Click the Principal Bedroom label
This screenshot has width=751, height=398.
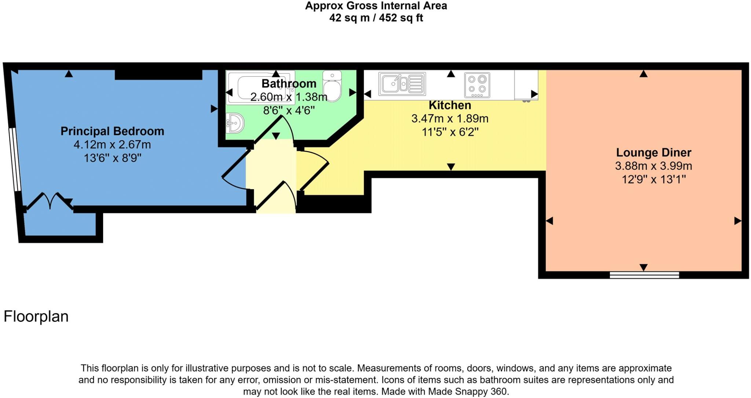tap(112, 131)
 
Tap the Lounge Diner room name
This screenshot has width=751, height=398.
tap(653, 152)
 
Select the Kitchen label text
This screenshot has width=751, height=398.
tap(450, 106)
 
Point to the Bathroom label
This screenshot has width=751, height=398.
tap(289, 84)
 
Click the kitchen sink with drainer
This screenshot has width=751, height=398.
tap(402, 84)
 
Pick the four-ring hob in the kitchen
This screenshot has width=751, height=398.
tap(477, 85)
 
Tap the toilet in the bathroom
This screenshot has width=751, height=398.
tap(332, 86)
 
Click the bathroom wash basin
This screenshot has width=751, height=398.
tap(235, 123)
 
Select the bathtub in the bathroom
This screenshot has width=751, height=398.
tap(260, 88)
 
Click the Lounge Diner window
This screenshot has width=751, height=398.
tap(644, 275)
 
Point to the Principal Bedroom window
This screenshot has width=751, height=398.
tap(15, 159)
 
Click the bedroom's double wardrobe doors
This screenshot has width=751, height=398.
tap(50, 201)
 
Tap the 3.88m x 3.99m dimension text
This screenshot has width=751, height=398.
tap(653, 166)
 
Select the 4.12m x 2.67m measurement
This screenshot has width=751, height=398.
tap(112, 145)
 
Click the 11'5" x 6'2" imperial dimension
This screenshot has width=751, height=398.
tap(450, 132)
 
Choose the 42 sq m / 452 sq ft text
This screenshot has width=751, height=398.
tap(376, 18)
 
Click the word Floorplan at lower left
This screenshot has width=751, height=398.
tap(36, 317)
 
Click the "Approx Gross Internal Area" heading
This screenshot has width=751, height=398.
tap(376, 6)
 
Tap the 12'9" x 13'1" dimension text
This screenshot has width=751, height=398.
tap(653, 180)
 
